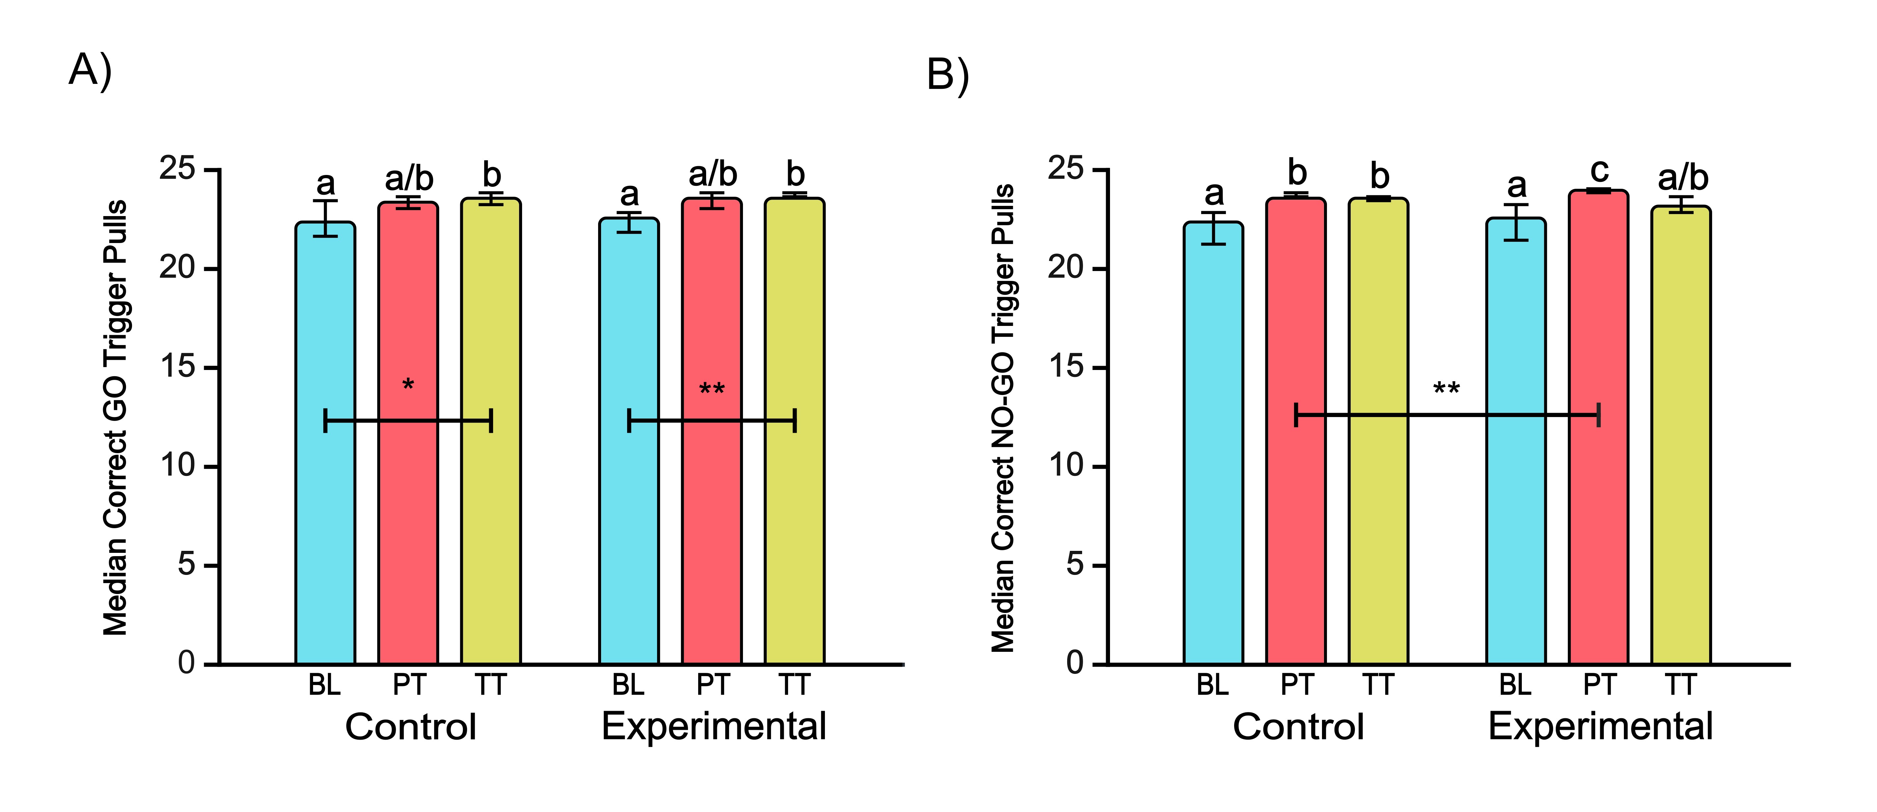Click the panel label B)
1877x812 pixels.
pos(947,75)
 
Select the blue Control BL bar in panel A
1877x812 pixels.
pos(325,444)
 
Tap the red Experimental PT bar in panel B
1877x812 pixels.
pos(1599,430)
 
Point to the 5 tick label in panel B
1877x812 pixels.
pos(1075,564)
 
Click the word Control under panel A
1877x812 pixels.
pos(410,727)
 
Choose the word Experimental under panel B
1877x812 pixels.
pos(1600,727)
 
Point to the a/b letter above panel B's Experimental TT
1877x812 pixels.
pos(1682,178)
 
